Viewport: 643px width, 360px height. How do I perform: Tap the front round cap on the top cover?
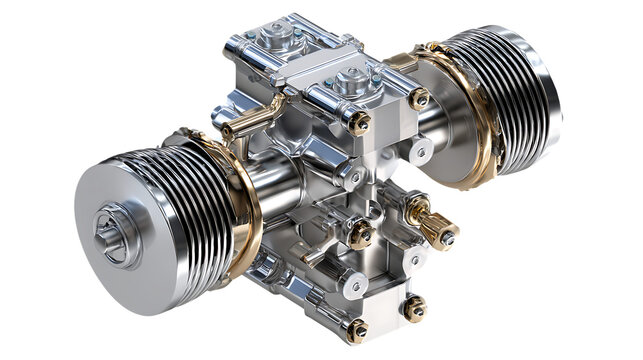tap(350, 82)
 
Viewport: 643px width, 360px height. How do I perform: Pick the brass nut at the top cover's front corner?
tap(359, 123)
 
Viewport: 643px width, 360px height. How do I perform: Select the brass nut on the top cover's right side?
tap(419, 99)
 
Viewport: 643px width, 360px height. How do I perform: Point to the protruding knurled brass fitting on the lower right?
tap(432, 225)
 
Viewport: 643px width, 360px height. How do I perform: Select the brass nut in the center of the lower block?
tap(359, 237)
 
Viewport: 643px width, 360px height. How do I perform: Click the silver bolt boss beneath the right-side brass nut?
tap(421, 150)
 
